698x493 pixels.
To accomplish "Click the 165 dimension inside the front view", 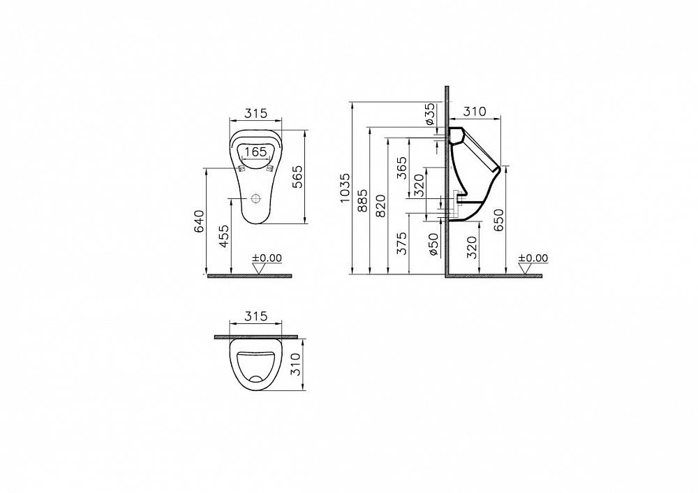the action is [x=255, y=152].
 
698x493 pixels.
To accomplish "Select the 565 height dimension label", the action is [x=297, y=177].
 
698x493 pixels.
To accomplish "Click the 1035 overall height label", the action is [x=346, y=188].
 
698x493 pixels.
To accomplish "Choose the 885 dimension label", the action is [x=363, y=200].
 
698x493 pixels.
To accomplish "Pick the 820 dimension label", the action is [x=381, y=206].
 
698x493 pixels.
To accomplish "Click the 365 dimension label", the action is [x=401, y=168].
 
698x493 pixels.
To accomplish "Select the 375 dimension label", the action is [x=401, y=243].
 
